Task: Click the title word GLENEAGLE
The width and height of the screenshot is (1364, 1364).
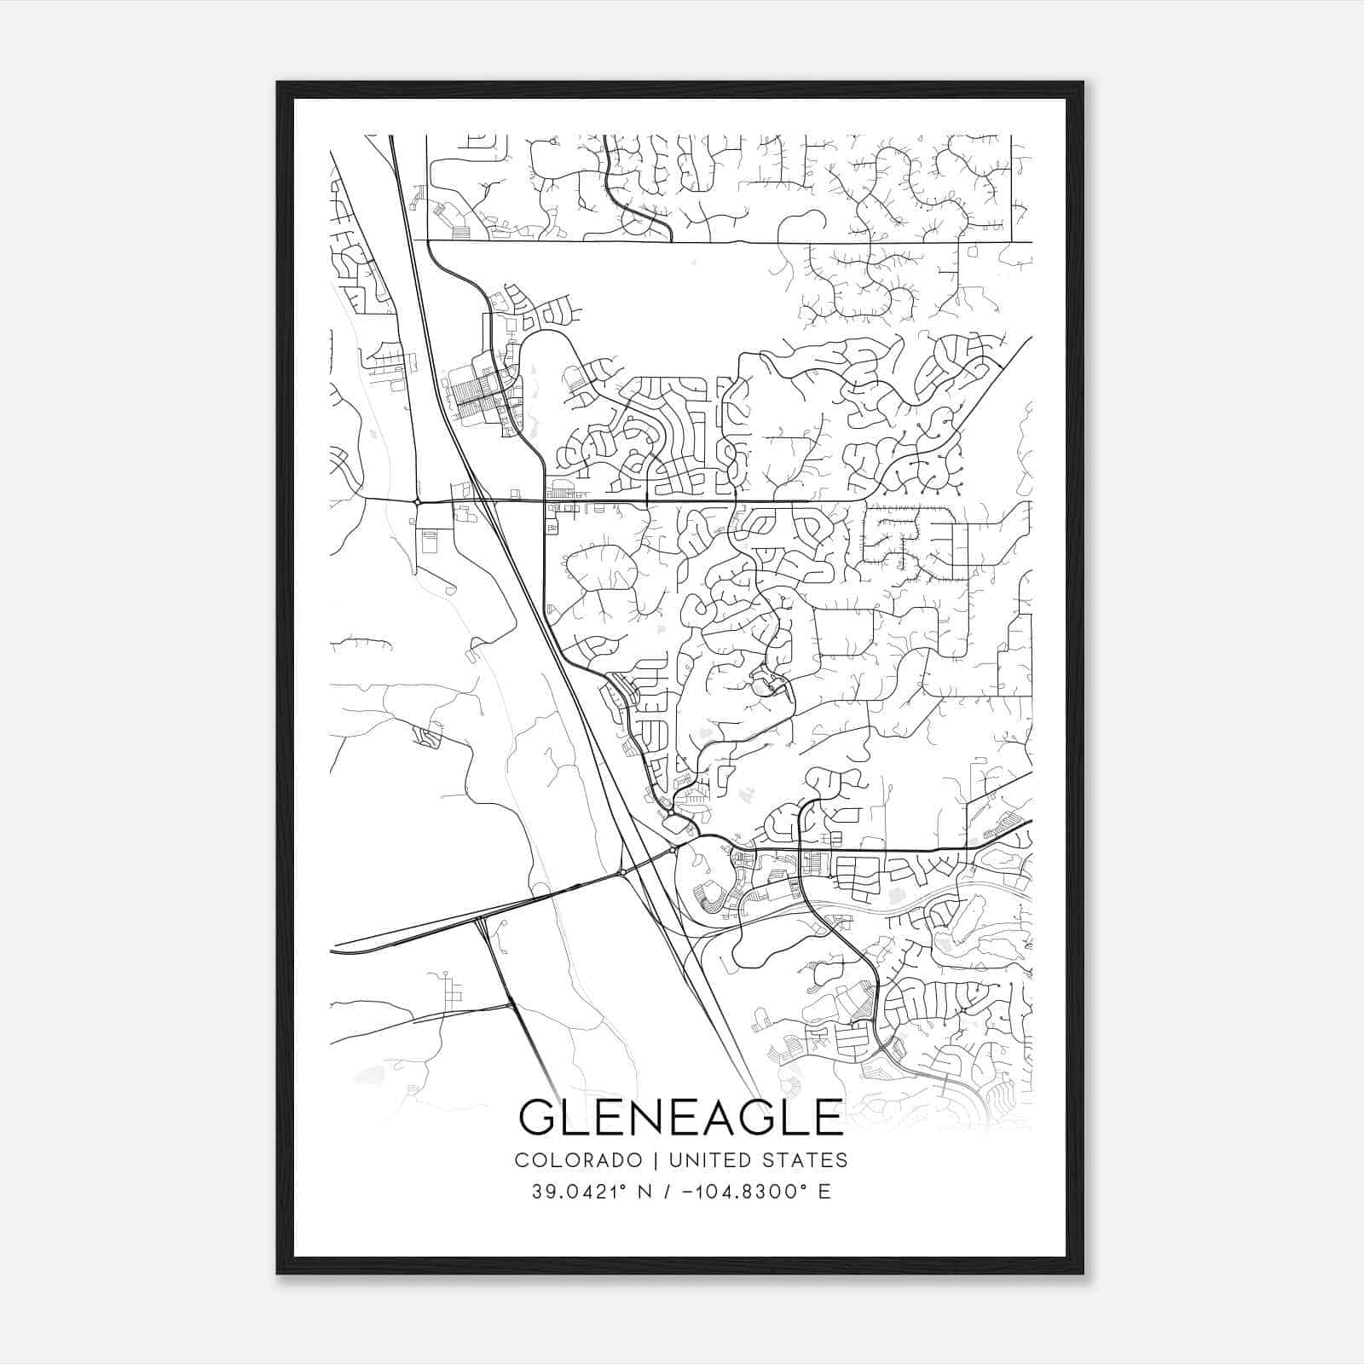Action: [680, 1117]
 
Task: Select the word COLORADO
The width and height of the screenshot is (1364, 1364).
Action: [578, 1160]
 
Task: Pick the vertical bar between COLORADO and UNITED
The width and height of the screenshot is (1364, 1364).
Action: [656, 1160]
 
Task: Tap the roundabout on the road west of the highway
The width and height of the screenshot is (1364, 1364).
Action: [416, 501]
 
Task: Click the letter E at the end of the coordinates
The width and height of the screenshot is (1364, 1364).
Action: [824, 1192]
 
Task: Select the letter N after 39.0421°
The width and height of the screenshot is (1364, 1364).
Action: [634, 1192]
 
